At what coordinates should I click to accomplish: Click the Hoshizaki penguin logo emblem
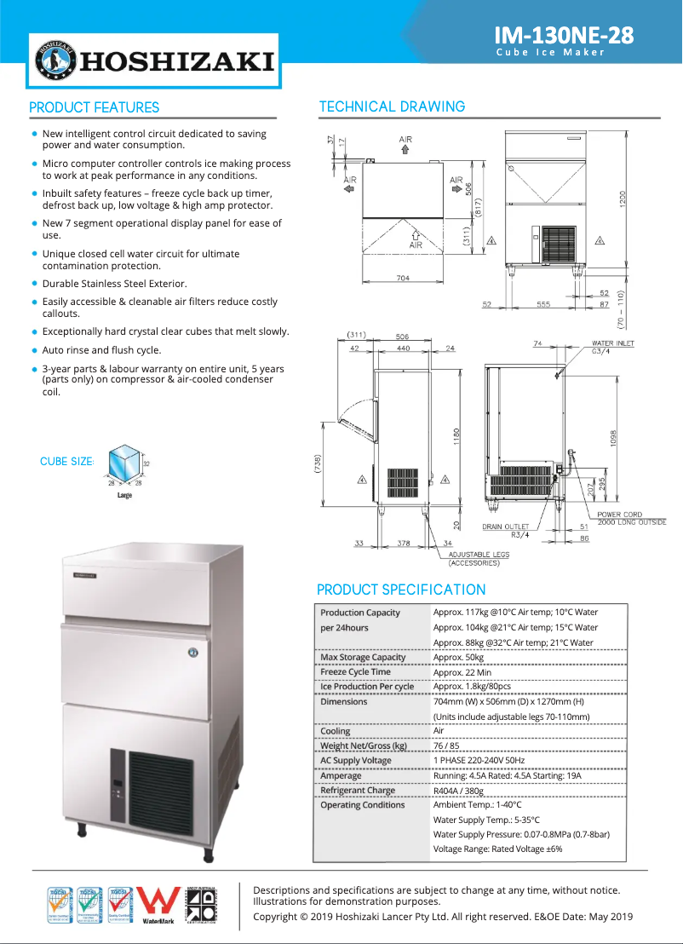pos(55,61)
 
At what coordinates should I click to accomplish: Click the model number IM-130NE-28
pos(565,35)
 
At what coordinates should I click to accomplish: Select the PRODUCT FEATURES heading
pos(95,107)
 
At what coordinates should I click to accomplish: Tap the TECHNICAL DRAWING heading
pos(392,106)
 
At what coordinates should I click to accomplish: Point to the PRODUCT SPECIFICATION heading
pos(401,590)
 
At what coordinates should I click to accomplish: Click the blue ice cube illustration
pos(124,463)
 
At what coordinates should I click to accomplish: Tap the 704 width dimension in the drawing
pos(403,278)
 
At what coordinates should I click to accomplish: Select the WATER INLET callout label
pos(613,343)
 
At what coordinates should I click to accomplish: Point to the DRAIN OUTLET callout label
pos(505,527)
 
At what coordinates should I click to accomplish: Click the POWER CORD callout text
pos(619,515)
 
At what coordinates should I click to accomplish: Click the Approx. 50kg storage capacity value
pos(458,658)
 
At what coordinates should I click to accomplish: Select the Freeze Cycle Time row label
pos(355,672)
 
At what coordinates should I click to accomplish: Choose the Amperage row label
pos(341,776)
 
